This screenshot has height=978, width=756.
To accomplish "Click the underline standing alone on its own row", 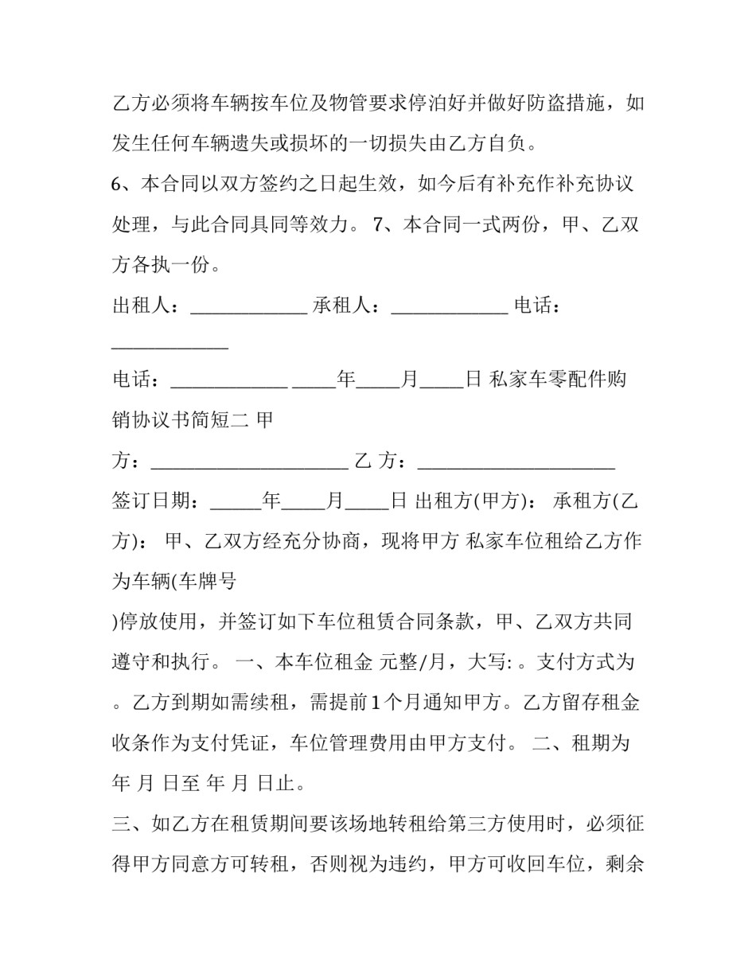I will coord(170,348).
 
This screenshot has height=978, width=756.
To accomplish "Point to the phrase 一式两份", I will coord(492,225).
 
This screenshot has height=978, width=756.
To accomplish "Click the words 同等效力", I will coord(310,225).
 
